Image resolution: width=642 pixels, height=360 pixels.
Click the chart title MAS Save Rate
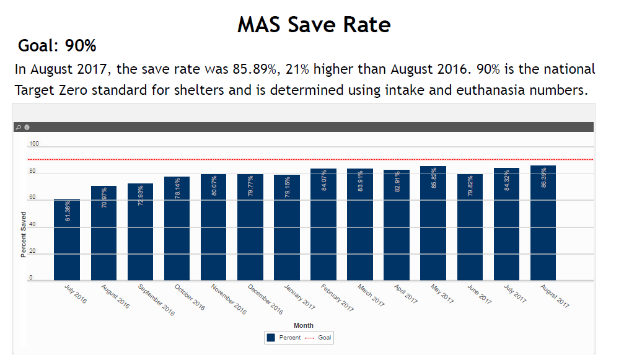pos(314,24)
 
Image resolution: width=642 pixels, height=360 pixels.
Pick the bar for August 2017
pos(543,223)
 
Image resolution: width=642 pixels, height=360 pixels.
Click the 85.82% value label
pos(434,178)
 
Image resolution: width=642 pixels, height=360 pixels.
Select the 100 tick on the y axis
pos(34,144)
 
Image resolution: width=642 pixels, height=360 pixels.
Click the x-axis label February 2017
pos(337,297)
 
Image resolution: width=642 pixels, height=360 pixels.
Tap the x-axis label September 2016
pos(156,299)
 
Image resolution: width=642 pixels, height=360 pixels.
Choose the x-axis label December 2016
pos(265,299)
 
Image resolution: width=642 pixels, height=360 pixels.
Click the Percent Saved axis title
pos(24,234)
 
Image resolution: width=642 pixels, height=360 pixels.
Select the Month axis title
pos(304,325)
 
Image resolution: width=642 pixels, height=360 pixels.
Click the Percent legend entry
pos(284,338)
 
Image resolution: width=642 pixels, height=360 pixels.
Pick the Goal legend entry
pos(319,338)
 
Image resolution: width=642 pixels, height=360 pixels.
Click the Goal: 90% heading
pos(57,46)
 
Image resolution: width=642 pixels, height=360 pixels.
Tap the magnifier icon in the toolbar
pos(19,127)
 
